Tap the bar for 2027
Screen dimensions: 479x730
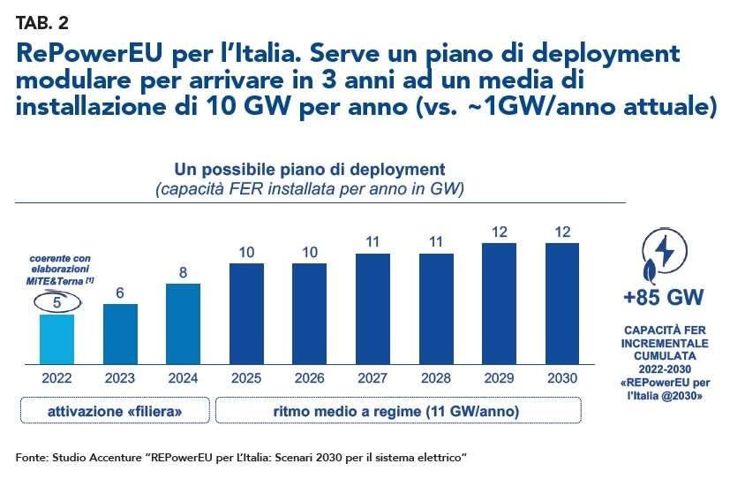(x=374, y=309)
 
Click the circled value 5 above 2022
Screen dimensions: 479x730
(x=57, y=302)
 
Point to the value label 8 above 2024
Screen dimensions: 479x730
(x=184, y=273)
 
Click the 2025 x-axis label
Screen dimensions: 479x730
(x=247, y=378)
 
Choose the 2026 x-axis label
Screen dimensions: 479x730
(x=311, y=378)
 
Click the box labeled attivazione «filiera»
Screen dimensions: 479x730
(x=115, y=411)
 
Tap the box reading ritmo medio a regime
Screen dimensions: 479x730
(x=398, y=411)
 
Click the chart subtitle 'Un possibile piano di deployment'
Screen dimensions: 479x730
(x=309, y=169)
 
